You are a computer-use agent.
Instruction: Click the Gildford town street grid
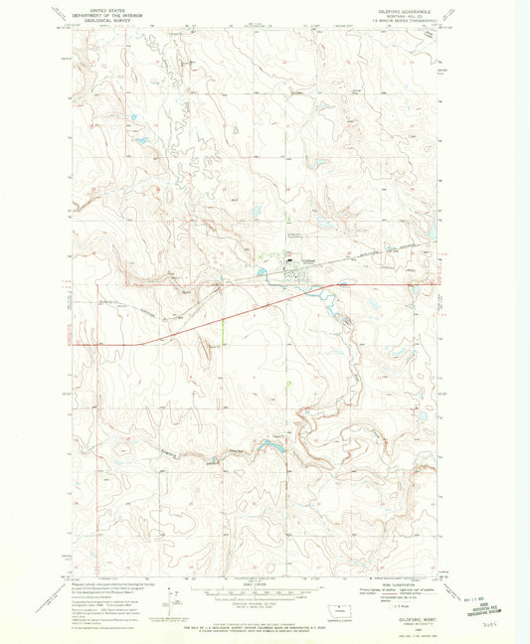point(296,277)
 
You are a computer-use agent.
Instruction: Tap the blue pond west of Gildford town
point(261,273)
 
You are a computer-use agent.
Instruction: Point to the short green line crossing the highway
point(227,320)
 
